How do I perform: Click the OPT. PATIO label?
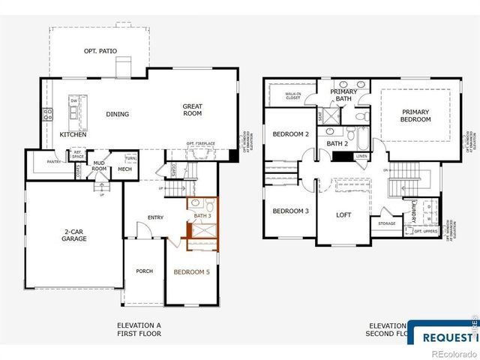(103, 51)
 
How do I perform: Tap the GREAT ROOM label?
(193, 110)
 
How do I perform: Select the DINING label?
(117, 115)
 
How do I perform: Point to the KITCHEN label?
(73, 134)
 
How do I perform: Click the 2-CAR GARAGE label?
(74, 235)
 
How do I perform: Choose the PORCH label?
(144, 271)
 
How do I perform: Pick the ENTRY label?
(155, 217)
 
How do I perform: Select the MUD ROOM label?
(100, 166)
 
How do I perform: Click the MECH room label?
(124, 169)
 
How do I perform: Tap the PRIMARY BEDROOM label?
(415, 116)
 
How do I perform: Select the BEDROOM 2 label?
(290, 134)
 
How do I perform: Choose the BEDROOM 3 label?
(290, 211)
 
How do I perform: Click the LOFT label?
(343, 215)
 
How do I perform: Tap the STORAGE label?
(386, 223)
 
